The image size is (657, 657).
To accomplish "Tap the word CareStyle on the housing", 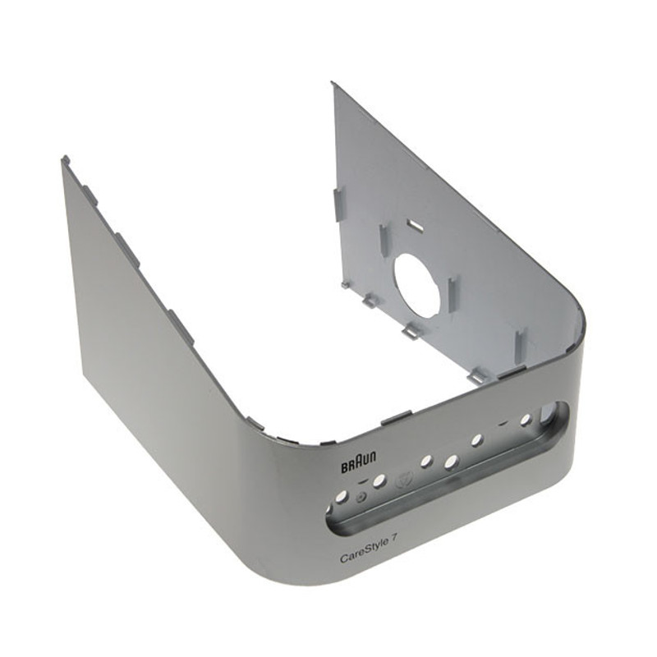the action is [x=361, y=555].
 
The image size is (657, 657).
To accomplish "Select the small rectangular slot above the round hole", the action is [x=416, y=225].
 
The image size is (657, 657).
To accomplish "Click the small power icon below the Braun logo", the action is [x=361, y=497].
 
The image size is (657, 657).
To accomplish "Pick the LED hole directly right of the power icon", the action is [x=379, y=482].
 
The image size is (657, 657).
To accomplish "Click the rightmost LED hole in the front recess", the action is [x=524, y=419].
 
